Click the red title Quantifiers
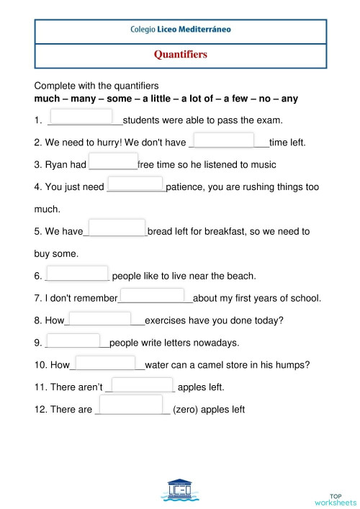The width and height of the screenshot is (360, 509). (x=180, y=54)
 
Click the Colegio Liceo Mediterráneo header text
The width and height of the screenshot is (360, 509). (x=180, y=31)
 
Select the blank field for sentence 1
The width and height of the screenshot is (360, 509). (x=82, y=117)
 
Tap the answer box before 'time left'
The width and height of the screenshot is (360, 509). (x=225, y=140)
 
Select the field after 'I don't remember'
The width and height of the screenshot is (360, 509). (x=152, y=295)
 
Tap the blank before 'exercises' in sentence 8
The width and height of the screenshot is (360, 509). (x=100, y=318)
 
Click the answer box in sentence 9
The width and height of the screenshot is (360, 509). (x=73, y=341)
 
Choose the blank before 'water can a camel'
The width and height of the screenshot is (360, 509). (x=105, y=364)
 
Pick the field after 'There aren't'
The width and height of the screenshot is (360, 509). (x=143, y=385)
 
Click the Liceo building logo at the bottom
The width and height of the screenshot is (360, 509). (x=181, y=489)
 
